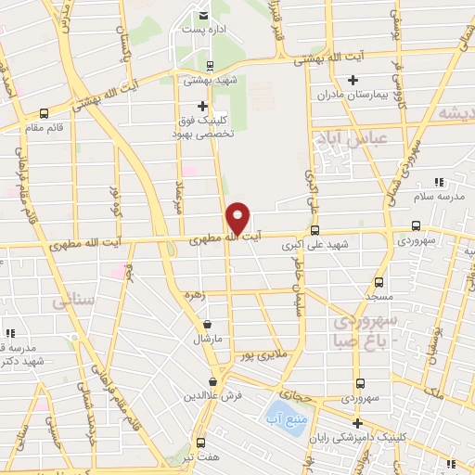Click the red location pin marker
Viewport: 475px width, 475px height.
(x=237, y=217)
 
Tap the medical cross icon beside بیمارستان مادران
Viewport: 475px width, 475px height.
(x=353, y=82)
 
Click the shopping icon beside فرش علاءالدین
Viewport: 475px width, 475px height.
(x=213, y=381)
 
